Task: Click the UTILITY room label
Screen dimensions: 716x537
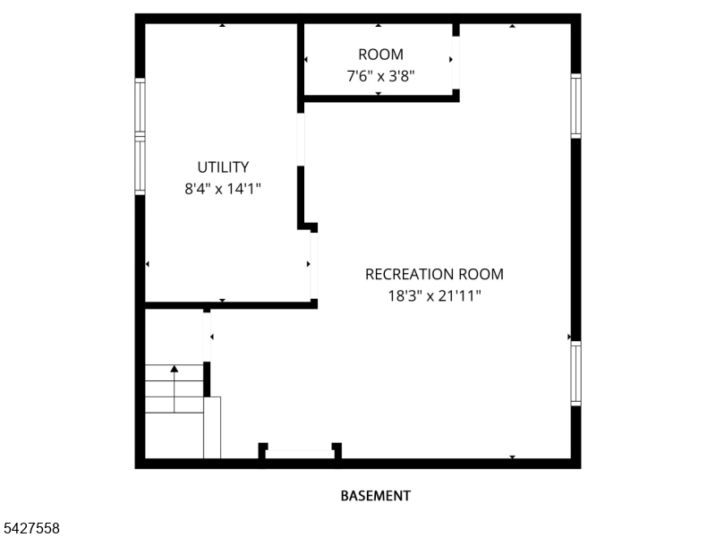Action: (x=223, y=167)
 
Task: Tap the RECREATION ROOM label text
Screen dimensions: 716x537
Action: (x=434, y=274)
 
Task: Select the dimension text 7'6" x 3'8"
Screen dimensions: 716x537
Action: (x=381, y=76)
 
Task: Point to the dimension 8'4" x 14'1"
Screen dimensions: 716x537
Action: (x=223, y=189)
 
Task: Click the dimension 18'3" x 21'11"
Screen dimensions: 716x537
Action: (x=434, y=296)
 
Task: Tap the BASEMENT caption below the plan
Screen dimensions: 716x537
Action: (x=376, y=496)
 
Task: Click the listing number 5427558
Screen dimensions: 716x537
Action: (x=30, y=528)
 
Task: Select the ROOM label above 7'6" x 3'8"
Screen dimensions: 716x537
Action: (x=381, y=55)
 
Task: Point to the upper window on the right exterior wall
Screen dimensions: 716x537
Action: (x=575, y=106)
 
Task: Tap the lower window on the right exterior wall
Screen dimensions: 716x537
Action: (x=575, y=373)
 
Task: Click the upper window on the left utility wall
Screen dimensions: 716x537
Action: (x=140, y=107)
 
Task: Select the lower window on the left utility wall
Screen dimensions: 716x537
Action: (x=140, y=166)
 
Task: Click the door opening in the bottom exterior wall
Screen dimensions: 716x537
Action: (x=300, y=454)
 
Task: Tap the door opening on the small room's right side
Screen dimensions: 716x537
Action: (x=456, y=63)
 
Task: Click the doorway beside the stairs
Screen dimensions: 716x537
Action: (x=207, y=337)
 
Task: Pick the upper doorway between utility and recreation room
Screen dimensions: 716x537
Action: (x=301, y=140)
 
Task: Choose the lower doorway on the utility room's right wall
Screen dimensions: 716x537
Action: (x=314, y=266)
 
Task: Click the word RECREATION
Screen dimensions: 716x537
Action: (x=410, y=274)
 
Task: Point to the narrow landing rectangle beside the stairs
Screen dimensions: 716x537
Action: (x=212, y=428)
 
